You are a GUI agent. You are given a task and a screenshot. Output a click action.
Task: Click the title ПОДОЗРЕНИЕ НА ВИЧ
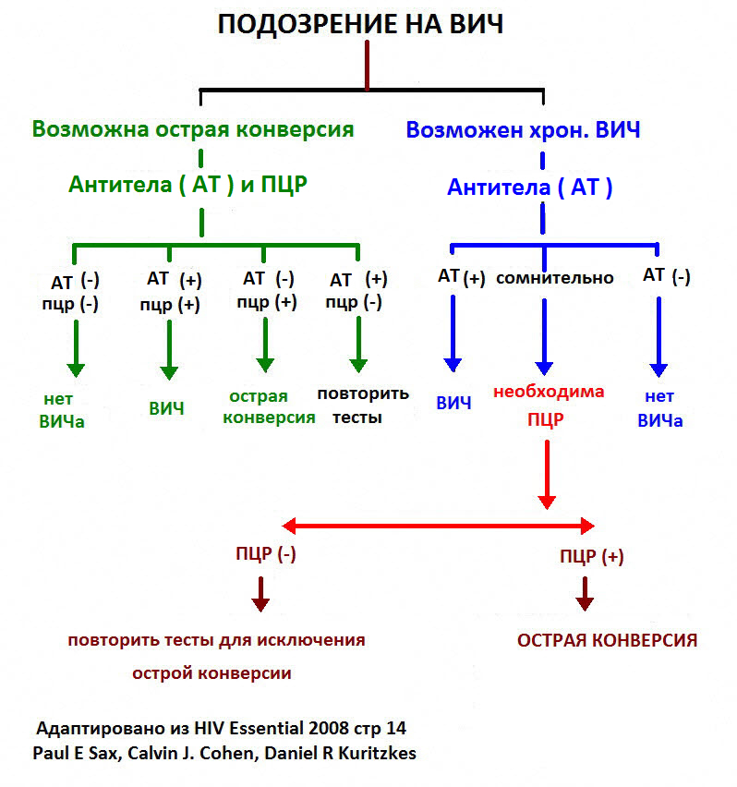click(360, 25)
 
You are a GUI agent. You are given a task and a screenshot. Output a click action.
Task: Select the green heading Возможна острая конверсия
click(193, 128)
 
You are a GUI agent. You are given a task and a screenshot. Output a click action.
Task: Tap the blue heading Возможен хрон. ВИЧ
click(523, 129)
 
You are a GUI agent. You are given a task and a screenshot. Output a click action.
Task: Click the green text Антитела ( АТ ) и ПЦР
click(187, 184)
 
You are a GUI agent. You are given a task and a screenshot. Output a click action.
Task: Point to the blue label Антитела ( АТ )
click(530, 188)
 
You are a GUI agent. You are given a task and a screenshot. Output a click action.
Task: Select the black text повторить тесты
click(362, 405)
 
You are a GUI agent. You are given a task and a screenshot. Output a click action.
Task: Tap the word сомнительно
click(554, 277)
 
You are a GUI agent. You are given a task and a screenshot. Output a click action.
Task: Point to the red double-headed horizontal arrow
click(438, 527)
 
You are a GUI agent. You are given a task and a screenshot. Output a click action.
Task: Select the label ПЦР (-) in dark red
click(266, 553)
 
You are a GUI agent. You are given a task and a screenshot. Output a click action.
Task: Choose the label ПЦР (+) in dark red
click(592, 556)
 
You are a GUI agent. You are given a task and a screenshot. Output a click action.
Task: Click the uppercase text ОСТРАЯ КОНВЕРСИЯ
click(606, 640)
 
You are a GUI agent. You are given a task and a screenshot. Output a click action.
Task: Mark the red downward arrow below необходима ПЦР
click(547, 473)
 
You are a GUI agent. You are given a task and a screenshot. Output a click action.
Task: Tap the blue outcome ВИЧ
click(453, 403)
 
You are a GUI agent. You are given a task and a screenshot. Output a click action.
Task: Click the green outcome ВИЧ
click(166, 407)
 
